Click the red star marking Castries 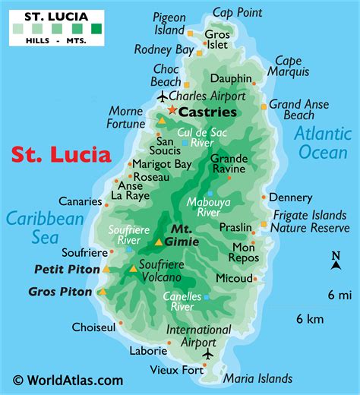172,111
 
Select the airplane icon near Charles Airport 163,96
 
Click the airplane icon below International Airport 208,354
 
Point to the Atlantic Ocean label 322,142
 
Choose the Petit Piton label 67,269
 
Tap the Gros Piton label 60,291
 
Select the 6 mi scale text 339,294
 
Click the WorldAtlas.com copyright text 68,380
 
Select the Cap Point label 238,11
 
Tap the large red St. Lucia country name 62,154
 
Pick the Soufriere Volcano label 163,270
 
